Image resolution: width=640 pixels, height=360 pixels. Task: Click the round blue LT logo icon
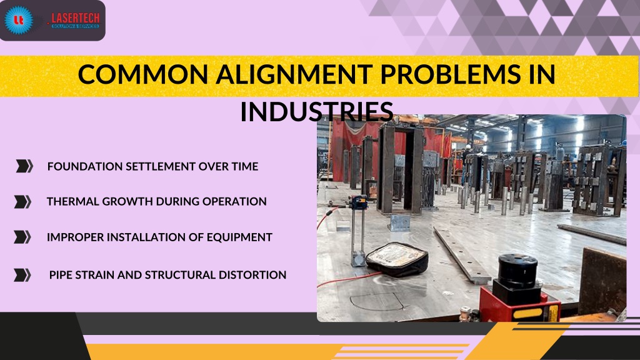(x=19, y=19)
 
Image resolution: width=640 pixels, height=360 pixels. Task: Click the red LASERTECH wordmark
(x=76, y=18)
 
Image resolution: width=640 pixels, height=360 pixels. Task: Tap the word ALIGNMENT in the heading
(x=294, y=74)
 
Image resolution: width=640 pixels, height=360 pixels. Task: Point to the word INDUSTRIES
(x=317, y=111)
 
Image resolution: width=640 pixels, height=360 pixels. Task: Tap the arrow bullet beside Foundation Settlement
(x=24, y=166)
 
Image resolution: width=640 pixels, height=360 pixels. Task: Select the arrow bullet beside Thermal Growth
(x=22, y=202)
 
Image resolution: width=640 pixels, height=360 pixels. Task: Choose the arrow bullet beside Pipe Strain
(x=22, y=275)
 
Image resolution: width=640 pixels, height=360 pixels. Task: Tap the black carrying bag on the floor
(x=397, y=259)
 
